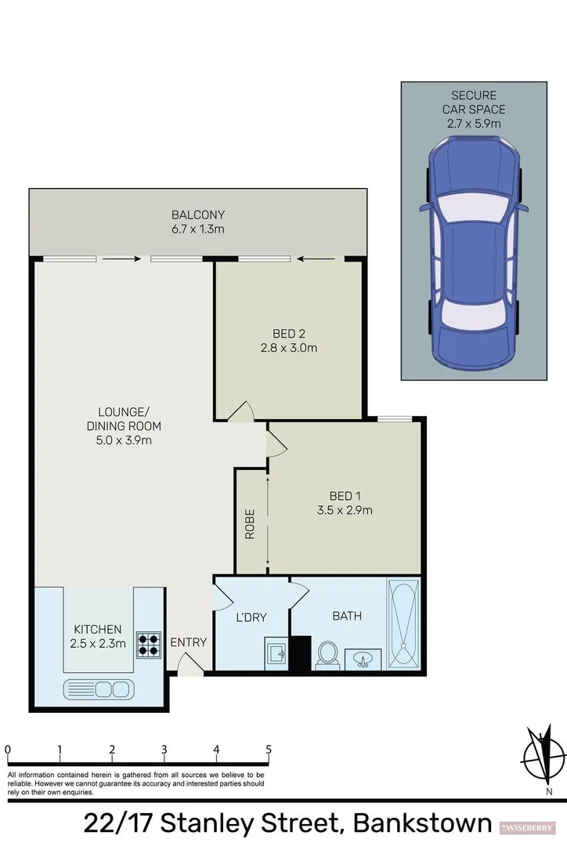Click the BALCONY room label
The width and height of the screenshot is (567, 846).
(198, 215)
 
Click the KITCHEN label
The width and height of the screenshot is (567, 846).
(98, 629)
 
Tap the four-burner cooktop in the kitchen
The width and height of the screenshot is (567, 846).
(149, 643)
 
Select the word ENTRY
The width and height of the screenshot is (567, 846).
(189, 642)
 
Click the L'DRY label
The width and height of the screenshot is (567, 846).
(251, 617)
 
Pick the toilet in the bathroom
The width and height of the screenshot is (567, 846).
(327, 655)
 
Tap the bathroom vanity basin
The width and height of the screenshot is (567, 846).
(363, 658)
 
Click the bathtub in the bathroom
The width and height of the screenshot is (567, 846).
(404, 624)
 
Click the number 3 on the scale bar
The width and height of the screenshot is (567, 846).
(164, 749)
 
